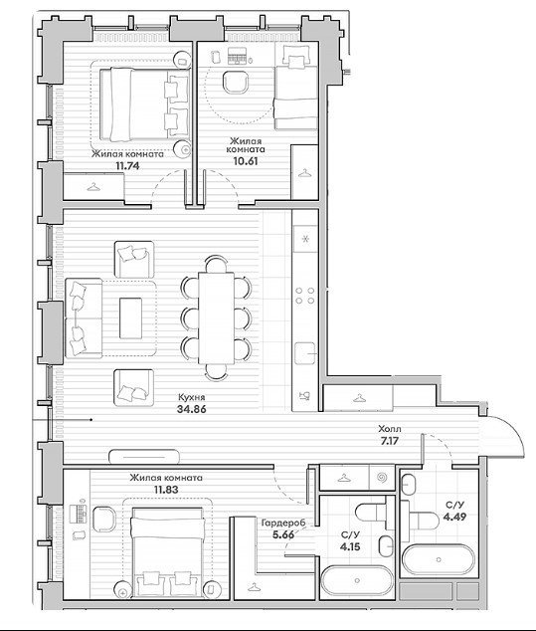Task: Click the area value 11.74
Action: point(127,165)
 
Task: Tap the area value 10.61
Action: point(246,161)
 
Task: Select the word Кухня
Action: point(191,397)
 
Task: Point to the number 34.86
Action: point(191,409)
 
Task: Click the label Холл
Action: point(390,429)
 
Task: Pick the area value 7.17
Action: point(390,441)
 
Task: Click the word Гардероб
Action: point(283,523)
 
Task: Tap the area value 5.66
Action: point(283,534)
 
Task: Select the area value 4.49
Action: point(454,517)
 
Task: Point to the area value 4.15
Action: point(350,546)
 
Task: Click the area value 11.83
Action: point(166,490)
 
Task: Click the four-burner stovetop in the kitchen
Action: point(305,296)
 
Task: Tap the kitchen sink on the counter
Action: point(305,353)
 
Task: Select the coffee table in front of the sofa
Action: point(130,317)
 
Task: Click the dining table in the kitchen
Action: point(217,317)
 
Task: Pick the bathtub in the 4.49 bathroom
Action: point(439,559)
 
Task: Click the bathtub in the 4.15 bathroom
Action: point(357,580)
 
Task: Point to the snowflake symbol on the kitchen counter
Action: point(305,239)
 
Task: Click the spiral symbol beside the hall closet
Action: point(382,478)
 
